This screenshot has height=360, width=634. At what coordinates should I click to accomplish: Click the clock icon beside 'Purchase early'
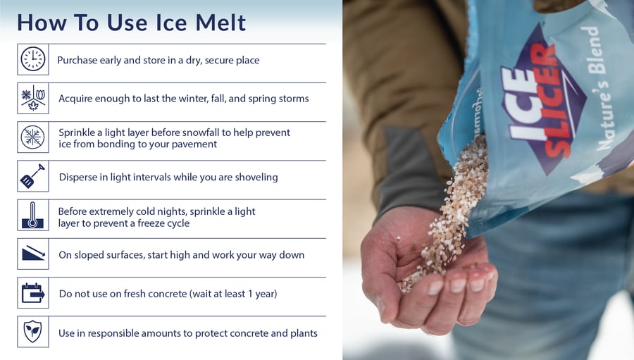tap(33, 59)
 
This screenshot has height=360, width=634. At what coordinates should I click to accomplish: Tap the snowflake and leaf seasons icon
tap(33, 98)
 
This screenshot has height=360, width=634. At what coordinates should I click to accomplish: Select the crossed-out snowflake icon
tap(33, 137)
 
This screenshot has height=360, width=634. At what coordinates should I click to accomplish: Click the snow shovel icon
tap(32, 176)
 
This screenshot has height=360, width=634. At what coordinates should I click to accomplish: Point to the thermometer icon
tap(33, 215)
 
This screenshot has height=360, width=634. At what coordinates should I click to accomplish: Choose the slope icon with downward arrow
tap(33, 254)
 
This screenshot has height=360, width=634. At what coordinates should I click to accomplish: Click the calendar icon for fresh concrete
tap(33, 292)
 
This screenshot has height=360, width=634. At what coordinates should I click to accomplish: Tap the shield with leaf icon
tap(33, 331)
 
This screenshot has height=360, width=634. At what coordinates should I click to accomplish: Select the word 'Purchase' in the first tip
tap(78, 61)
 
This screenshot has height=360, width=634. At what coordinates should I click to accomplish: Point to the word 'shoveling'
tap(255, 177)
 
